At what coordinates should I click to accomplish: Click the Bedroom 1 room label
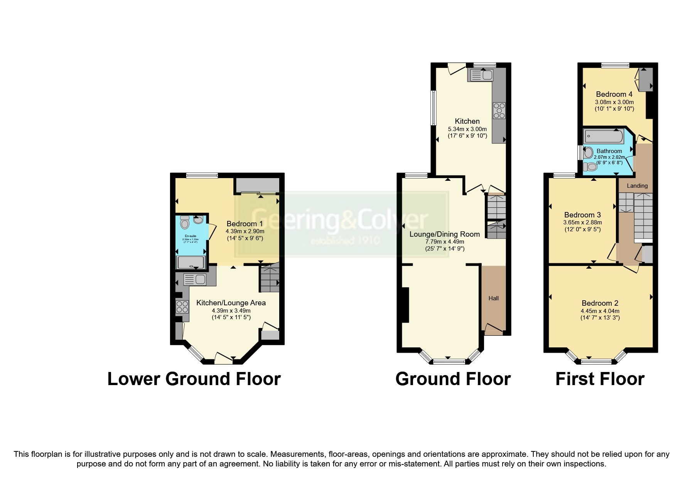pos(245,224)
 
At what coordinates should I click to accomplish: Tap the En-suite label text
pos(190,236)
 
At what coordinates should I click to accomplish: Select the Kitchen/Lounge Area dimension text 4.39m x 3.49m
pos(231,310)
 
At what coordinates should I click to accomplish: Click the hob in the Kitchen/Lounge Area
pos(182,307)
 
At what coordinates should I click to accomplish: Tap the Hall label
pos(493,298)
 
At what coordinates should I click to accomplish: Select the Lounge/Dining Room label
pos(444,234)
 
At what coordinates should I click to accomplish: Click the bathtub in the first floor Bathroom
pos(604,136)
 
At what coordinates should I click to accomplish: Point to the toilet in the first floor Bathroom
pos(590,167)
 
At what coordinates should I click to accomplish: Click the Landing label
pos(637,186)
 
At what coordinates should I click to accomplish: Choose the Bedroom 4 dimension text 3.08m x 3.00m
pos(614,102)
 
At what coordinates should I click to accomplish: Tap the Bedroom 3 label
pos(582,215)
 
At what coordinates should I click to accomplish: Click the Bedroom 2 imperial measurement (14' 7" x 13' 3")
pos(600,318)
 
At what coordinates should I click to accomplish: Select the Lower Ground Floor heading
pos(194,379)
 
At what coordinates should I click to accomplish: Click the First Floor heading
pos(599,379)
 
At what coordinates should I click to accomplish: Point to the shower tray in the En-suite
pos(190,263)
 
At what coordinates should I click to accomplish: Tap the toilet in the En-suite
pos(185,222)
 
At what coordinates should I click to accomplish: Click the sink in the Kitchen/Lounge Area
pos(195,279)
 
